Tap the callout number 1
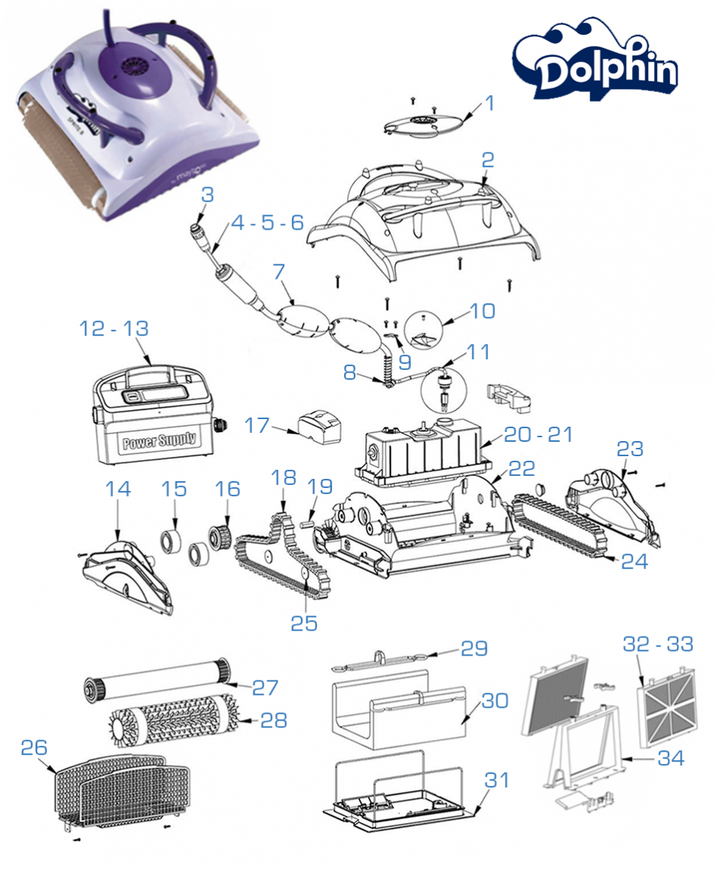click(x=490, y=103)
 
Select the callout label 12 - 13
click(x=114, y=329)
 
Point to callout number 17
click(x=257, y=425)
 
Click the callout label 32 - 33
click(x=658, y=644)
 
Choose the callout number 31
click(x=497, y=780)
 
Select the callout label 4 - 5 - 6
click(x=267, y=223)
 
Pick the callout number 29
click(x=474, y=649)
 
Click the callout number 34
click(x=671, y=758)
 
